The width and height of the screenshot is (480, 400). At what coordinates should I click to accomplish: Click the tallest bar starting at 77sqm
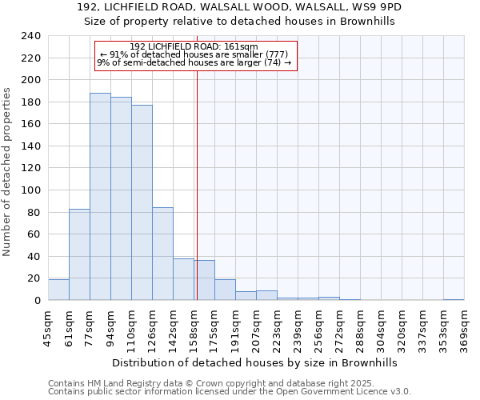pyautogui.click(x=100, y=197)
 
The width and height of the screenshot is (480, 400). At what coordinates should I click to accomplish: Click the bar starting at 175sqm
pyautogui.click(x=225, y=290)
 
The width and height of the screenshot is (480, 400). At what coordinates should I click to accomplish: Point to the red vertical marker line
pyautogui.click(x=197, y=176)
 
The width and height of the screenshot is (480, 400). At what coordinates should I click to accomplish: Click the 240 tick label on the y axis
pyautogui.click(x=31, y=36)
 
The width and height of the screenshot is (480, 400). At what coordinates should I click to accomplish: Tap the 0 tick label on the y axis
pyautogui.click(x=37, y=301)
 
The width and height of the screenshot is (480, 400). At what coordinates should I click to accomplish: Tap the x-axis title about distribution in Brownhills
pyautogui.click(x=256, y=362)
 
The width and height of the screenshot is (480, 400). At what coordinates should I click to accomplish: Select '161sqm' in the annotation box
pyautogui.click(x=242, y=46)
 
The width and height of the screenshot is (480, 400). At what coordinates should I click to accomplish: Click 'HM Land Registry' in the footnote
pyautogui.click(x=114, y=383)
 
